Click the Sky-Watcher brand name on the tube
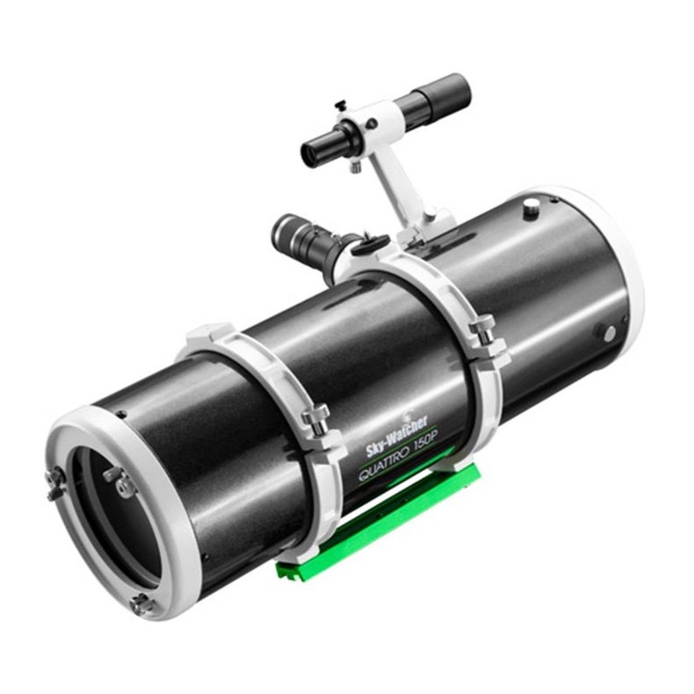(395, 437)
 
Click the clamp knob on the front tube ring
(314, 412)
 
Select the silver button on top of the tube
(531, 206)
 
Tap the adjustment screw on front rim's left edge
(55, 481)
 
